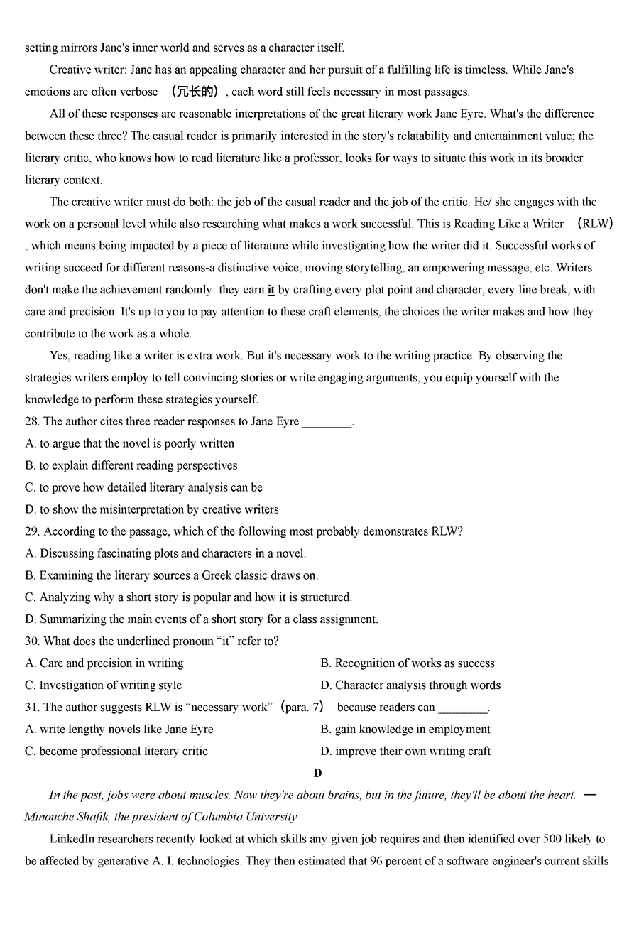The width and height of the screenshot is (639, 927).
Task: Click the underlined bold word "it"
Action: pos(271,290)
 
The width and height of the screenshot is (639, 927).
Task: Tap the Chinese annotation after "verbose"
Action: pos(193,92)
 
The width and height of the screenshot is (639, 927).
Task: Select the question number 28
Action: pos(32,421)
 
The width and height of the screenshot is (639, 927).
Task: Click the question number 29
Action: pos(32,531)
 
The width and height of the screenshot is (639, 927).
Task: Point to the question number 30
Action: pos(32,641)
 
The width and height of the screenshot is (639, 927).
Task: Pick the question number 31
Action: pos(32,708)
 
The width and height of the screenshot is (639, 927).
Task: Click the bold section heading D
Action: pos(317,773)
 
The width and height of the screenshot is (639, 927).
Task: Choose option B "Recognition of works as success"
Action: pos(408,663)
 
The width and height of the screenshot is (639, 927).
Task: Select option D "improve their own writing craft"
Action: pos(405,752)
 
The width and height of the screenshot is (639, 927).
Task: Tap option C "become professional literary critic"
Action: pos(116,752)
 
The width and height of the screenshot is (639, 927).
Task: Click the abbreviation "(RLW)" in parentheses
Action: pos(595,224)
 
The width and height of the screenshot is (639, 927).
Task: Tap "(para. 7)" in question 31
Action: pos(303,708)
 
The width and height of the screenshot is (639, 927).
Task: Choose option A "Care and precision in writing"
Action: pos(104,663)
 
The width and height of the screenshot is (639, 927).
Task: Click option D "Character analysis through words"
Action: pos(410,685)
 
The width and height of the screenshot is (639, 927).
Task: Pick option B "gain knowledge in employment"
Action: pos(405,730)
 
